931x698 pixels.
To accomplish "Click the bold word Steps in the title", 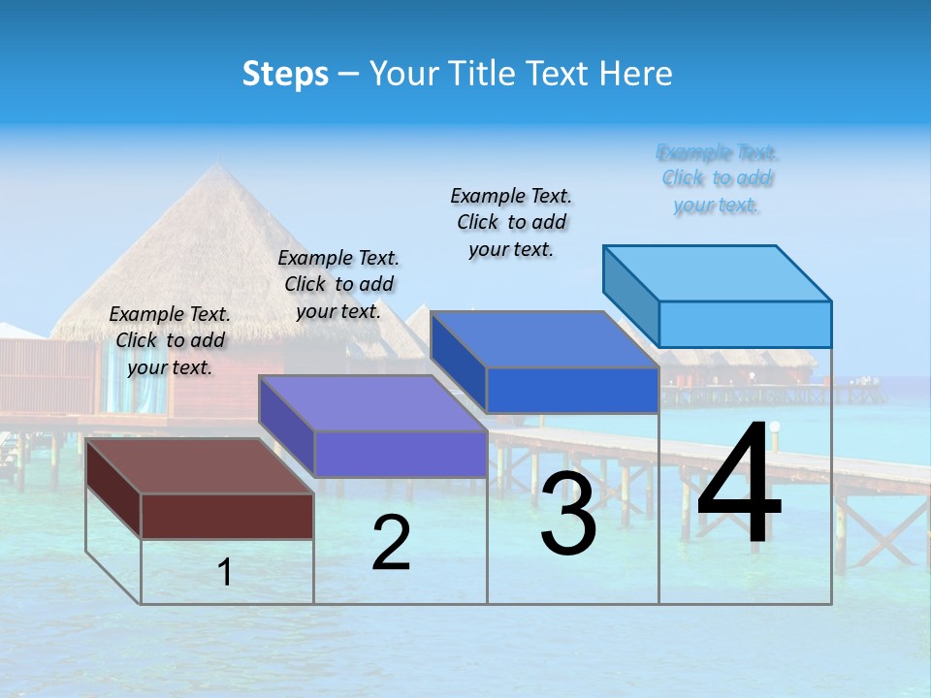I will tap(285, 74).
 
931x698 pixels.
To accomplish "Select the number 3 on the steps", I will tap(568, 514).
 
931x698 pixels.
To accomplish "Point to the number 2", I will tap(391, 543).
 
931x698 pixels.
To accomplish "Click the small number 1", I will tap(225, 572).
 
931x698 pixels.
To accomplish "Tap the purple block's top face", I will tap(371, 403).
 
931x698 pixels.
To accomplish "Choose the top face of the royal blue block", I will tap(544, 339).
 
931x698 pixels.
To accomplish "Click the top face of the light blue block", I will tap(717, 272).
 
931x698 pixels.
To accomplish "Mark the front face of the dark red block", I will tap(227, 516).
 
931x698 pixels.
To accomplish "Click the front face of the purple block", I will tap(400, 454).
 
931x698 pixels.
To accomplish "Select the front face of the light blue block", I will tap(745, 324).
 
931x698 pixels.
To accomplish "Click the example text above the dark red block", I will tap(170, 341).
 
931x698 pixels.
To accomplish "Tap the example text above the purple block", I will tap(338, 285).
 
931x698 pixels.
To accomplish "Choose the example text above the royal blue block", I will tap(511, 223).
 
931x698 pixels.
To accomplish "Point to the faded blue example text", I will tap(718, 179).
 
